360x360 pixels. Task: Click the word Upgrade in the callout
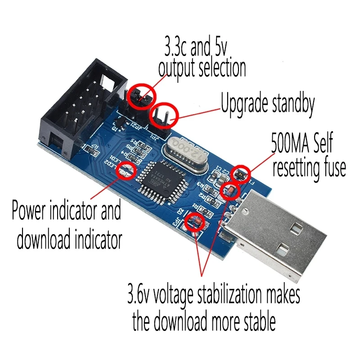244,105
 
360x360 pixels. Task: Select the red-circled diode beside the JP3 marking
196,221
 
